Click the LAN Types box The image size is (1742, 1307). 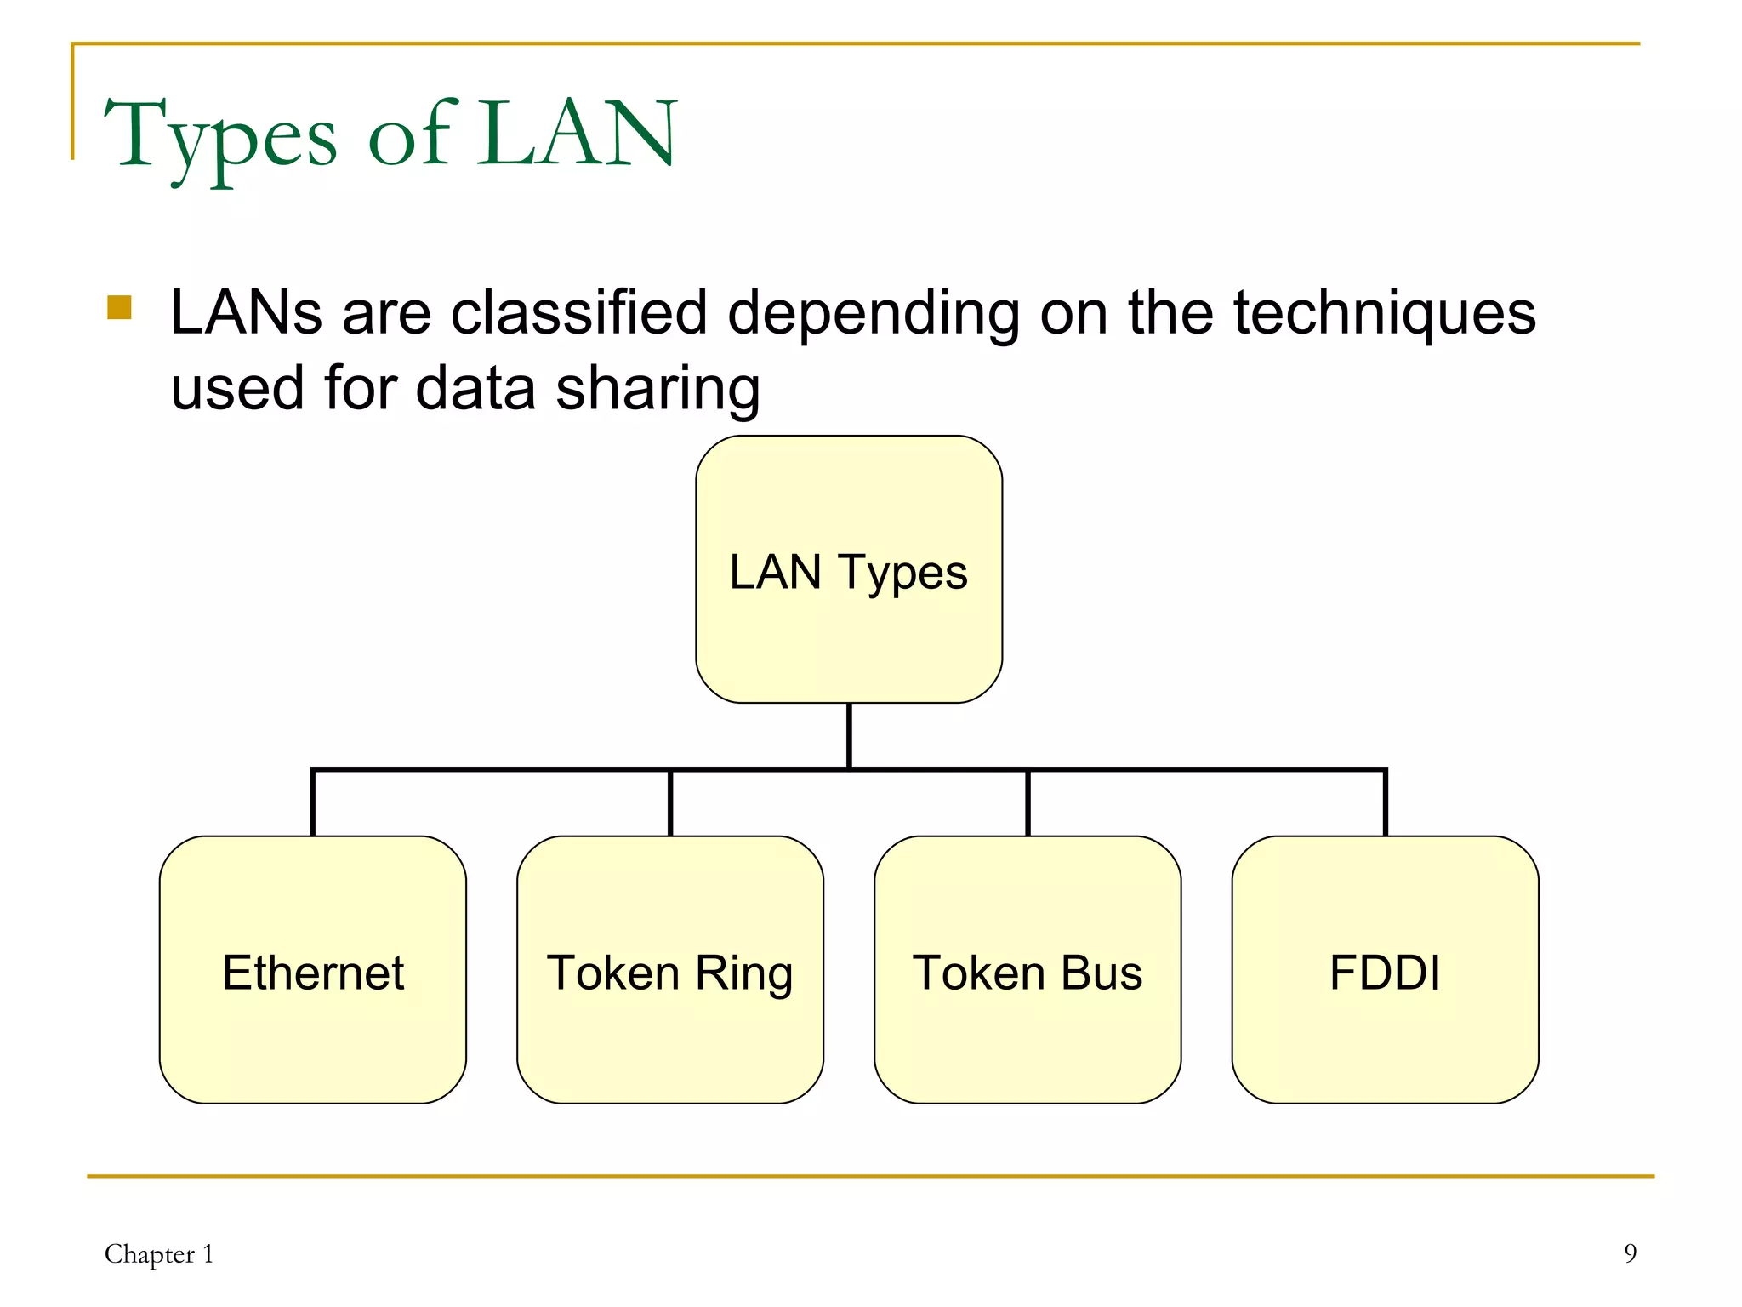point(848,569)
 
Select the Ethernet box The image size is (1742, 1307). point(312,970)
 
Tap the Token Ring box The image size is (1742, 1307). point(669,970)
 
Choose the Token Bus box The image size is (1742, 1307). point(1028,970)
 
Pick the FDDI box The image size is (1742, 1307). point(1385,970)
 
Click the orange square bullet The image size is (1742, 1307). point(119,307)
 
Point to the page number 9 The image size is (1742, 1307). point(1630,1253)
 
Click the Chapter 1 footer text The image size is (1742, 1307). point(159,1253)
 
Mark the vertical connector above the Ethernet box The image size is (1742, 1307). point(313,803)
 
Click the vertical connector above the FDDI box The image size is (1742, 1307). point(1385,803)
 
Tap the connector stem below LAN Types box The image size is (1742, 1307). point(849,735)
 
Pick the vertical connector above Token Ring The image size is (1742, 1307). point(670,803)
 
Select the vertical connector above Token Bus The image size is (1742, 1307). point(1028,803)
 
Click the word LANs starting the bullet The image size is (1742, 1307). point(246,312)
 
